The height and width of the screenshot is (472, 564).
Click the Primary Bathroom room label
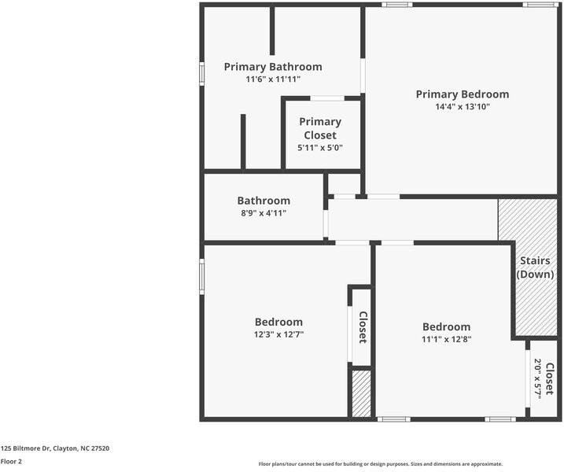pyautogui.click(x=273, y=67)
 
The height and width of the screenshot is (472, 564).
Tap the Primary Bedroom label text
pyautogui.click(x=462, y=94)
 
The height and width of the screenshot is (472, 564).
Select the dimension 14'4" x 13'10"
pyautogui.click(x=462, y=107)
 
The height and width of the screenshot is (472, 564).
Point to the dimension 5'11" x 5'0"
pyautogui.click(x=320, y=148)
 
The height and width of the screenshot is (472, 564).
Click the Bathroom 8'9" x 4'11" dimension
pyautogui.click(x=264, y=213)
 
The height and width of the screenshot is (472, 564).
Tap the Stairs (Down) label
pyautogui.click(x=535, y=267)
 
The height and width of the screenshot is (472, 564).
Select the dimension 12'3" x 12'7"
pyautogui.click(x=278, y=334)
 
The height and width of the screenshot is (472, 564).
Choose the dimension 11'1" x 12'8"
pyautogui.click(x=446, y=340)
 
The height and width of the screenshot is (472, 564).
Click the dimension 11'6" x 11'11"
pyautogui.click(x=273, y=79)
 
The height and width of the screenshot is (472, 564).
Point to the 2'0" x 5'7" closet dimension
pyautogui.click(x=538, y=379)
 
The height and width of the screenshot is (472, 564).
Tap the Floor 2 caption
pyautogui.click(x=11, y=462)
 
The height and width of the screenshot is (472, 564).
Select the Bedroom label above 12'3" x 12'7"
pyautogui.click(x=278, y=322)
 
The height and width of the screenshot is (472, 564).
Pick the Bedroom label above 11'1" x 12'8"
pyautogui.click(x=446, y=327)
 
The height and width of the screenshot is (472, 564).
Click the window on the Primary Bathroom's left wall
pyautogui.click(x=202, y=73)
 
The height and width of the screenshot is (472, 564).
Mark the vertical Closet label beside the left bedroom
pyautogui.click(x=363, y=327)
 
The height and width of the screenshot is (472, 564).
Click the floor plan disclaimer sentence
pyautogui.click(x=380, y=464)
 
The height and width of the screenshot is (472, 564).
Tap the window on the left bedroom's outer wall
pyautogui.click(x=202, y=277)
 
